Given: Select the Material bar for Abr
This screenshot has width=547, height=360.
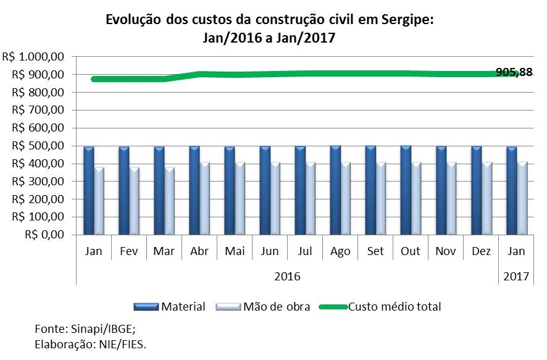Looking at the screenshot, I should pos(194,190).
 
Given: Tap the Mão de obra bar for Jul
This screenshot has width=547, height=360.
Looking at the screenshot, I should pos(310,198).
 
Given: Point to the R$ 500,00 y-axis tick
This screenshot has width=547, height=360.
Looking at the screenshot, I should pos(38,146).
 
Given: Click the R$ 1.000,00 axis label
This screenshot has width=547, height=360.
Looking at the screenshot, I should pos(33,57).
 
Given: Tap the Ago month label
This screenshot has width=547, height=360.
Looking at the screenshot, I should pos(340,252).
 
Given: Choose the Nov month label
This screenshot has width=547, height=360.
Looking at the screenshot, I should pos(446,252).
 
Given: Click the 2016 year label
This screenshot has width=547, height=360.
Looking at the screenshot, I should pos(287,276).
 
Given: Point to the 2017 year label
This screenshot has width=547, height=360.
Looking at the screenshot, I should pos(516,276).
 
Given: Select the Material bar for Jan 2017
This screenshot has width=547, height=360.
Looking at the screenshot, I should pos(511,190).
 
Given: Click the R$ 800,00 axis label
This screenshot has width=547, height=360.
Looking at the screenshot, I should pos(38,93).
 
